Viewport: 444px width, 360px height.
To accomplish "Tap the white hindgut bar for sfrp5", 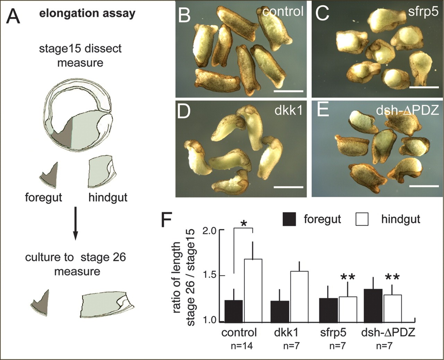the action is coord(348,310).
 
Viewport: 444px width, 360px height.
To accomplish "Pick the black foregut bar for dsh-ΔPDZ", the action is coord(373,306).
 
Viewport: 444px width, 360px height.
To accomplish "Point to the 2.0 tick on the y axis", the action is coord(221,230).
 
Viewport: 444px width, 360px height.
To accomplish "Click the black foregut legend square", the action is coord(289,219).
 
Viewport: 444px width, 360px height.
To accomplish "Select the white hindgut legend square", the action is coord(362,219).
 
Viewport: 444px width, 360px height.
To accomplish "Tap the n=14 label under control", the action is coord(242,346).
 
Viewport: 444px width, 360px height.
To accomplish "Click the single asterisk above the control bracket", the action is coord(244,224).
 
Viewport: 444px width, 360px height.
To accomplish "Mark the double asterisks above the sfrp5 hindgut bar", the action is coord(348,277).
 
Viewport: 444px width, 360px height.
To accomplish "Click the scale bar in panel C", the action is coord(424,87).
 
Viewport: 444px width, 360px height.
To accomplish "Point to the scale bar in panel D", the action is coord(288,187).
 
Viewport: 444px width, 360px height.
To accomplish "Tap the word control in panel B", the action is coord(283,11).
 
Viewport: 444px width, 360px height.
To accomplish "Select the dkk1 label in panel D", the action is coord(288,111).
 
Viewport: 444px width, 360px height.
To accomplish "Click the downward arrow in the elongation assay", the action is coord(76,223).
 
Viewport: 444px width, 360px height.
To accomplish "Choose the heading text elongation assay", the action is coord(87,13).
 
